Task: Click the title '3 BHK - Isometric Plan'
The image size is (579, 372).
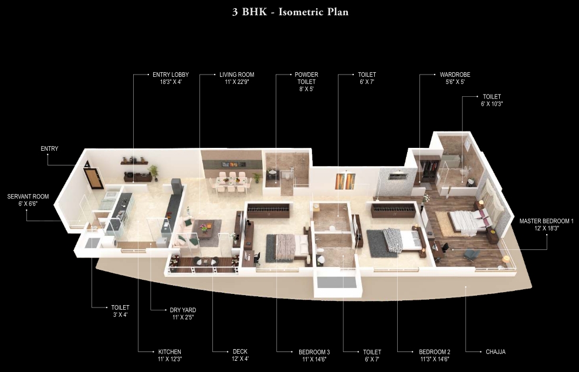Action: [x=289, y=12]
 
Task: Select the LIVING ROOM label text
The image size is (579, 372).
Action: [x=236, y=75]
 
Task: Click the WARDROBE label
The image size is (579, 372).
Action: [x=455, y=75]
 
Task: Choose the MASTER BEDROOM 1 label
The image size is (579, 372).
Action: [x=546, y=221]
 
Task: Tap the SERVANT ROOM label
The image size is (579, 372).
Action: [x=28, y=197]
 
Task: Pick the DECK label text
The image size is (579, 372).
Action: [x=240, y=352]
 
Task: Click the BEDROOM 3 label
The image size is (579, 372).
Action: [x=314, y=352]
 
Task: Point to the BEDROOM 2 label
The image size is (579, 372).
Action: [x=435, y=352]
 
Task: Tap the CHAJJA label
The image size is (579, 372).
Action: [x=496, y=352]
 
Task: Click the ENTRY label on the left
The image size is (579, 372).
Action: [x=49, y=149]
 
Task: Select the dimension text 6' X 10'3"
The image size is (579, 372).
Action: [x=492, y=103]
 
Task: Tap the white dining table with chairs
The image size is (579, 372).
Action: [x=231, y=181]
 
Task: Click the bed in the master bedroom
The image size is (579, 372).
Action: [x=469, y=221]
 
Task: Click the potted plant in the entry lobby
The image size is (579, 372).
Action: [x=154, y=171]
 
